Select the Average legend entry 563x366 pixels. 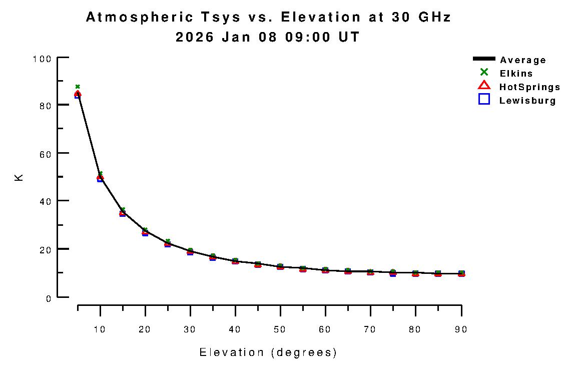click(x=522, y=60)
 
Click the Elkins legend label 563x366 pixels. click(x=516, y=74)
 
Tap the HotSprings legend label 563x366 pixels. click(x=529, y=87)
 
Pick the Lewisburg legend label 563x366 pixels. click(x=527, y=101)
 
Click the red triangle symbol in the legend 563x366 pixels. click(x=484, y=86)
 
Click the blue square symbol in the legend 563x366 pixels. click(x=484, y=99)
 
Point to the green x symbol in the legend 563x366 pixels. click(x=484, y=73)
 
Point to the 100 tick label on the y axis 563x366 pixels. click(x=42, y=59)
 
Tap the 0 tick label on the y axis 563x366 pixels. click(x=49, y=299)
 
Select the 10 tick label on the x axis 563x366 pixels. click(x=100, y=329)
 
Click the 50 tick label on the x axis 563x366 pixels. click(x=280, y=329)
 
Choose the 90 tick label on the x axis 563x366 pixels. click(x=460, y=329)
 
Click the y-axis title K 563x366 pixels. click(x=20, y=178)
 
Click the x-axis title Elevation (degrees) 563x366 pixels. click(x=268, y=352)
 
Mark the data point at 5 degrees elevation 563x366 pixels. click(x=78, y=94)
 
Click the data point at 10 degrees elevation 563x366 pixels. click(x=100, y=178)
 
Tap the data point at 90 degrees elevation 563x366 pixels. click(x=461, y=273)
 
